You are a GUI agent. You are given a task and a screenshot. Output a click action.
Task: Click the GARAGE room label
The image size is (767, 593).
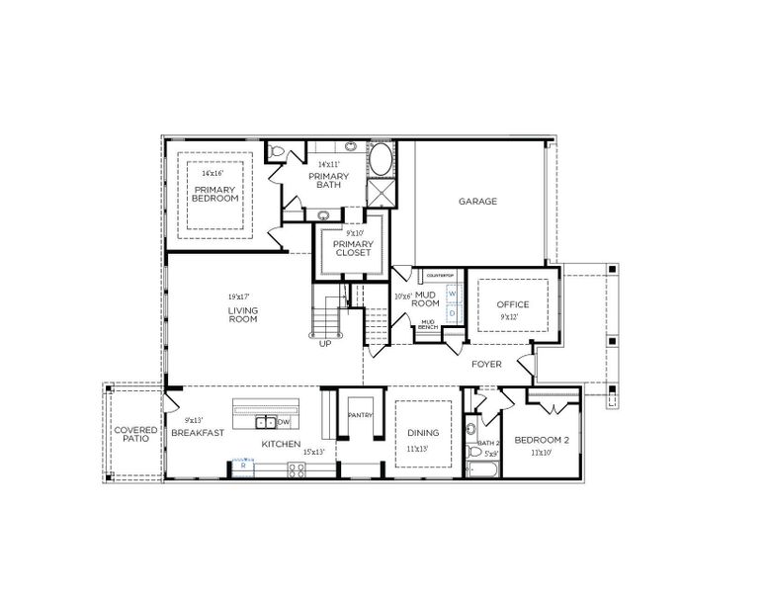pos(476,201)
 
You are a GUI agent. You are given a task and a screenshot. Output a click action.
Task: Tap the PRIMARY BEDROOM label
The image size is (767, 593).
pos(215,194)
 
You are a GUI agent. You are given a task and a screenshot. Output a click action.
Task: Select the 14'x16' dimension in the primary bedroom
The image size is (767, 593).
pos(213,173)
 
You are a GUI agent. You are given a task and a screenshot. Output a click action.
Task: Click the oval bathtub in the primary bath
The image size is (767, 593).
pos(381,159)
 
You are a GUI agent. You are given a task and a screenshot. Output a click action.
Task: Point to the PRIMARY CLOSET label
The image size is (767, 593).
pos(352,248)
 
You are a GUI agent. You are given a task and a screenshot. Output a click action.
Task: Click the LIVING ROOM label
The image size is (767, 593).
pos(242,315)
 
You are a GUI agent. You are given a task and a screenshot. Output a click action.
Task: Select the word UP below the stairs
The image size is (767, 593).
pos(325,344)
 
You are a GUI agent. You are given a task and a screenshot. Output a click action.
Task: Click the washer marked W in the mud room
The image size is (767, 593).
pos(452,294)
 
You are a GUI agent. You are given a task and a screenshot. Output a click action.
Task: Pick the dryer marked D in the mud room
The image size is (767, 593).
pos(452,312)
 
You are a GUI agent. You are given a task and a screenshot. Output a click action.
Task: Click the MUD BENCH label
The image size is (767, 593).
pos(428,324)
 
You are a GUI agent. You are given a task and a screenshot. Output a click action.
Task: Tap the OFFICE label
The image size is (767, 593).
pos(513,304)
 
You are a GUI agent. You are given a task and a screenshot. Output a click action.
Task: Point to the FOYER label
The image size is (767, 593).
pos(485,364)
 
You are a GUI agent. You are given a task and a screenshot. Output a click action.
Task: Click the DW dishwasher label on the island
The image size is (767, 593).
pos(284,422)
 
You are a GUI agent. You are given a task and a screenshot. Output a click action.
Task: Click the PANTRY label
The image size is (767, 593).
pos(360,415)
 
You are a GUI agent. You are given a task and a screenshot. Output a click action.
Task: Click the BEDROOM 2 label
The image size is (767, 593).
pos(542,439)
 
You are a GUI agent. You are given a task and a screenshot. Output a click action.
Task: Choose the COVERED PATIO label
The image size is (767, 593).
pos(134,436)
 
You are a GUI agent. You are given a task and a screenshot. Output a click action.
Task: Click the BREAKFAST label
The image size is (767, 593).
pos(197,433)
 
